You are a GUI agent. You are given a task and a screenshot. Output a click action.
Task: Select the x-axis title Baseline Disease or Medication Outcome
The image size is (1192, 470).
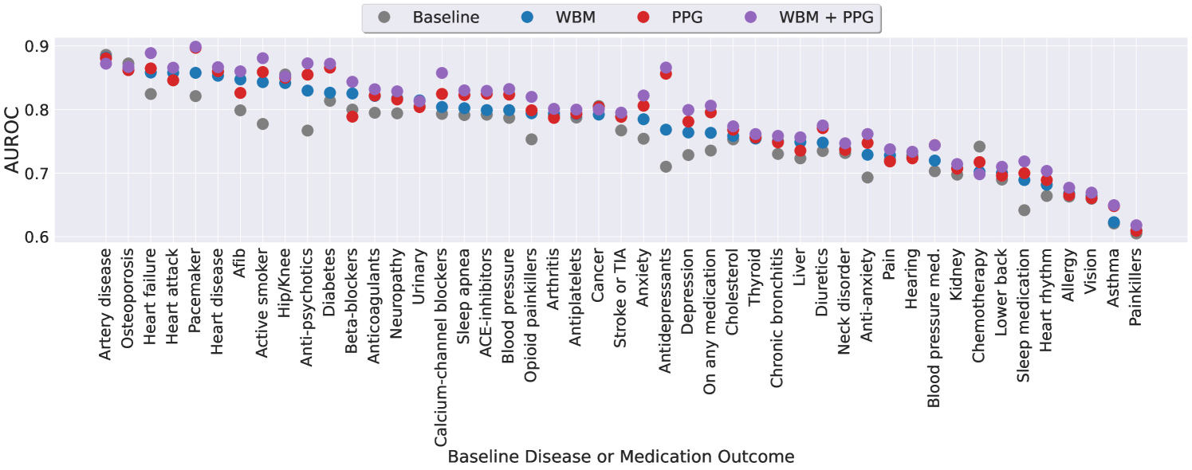(x=620, y=456)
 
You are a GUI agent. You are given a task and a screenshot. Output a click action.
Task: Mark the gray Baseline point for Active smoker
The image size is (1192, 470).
(x=262, y=124)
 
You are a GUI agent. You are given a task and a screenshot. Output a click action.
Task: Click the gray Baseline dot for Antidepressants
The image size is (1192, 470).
(x=666, y=166)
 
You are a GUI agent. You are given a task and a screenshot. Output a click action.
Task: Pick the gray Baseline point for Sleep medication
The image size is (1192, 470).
(x=1025, y=210)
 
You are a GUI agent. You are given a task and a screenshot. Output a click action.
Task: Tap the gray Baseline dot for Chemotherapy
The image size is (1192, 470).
(x=979, y=147)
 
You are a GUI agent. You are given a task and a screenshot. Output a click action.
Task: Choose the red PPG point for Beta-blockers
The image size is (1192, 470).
(x=352, y=116)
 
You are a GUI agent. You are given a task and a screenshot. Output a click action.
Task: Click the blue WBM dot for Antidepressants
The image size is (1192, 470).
(x=666, y=130)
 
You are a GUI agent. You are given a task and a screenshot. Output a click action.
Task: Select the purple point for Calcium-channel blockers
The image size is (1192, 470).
(x=442, y=73)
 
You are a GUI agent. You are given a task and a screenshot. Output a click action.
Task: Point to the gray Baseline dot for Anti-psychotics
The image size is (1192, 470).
(x=307, y=131)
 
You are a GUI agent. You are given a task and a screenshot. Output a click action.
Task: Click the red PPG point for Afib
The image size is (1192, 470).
(x=240, y=93)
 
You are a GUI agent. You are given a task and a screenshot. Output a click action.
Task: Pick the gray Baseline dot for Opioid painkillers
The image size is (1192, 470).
(x=531, y=139)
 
